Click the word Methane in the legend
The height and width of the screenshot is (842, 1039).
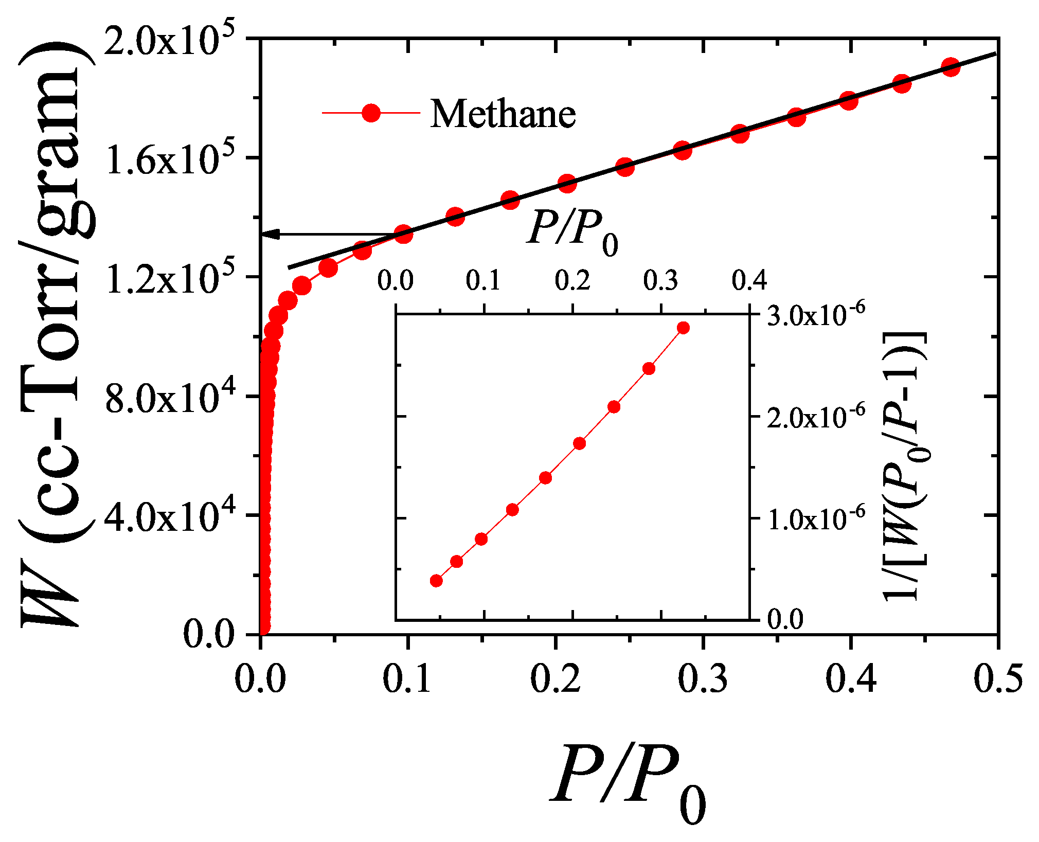pos(503,114)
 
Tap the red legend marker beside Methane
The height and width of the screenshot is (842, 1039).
pos(371,113)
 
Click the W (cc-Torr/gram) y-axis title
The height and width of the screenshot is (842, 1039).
pos(57,334)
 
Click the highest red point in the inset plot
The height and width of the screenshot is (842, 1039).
pos(683,328)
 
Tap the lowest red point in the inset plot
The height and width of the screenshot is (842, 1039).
pos(436,581)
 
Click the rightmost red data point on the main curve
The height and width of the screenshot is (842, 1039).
pos(951,67)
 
